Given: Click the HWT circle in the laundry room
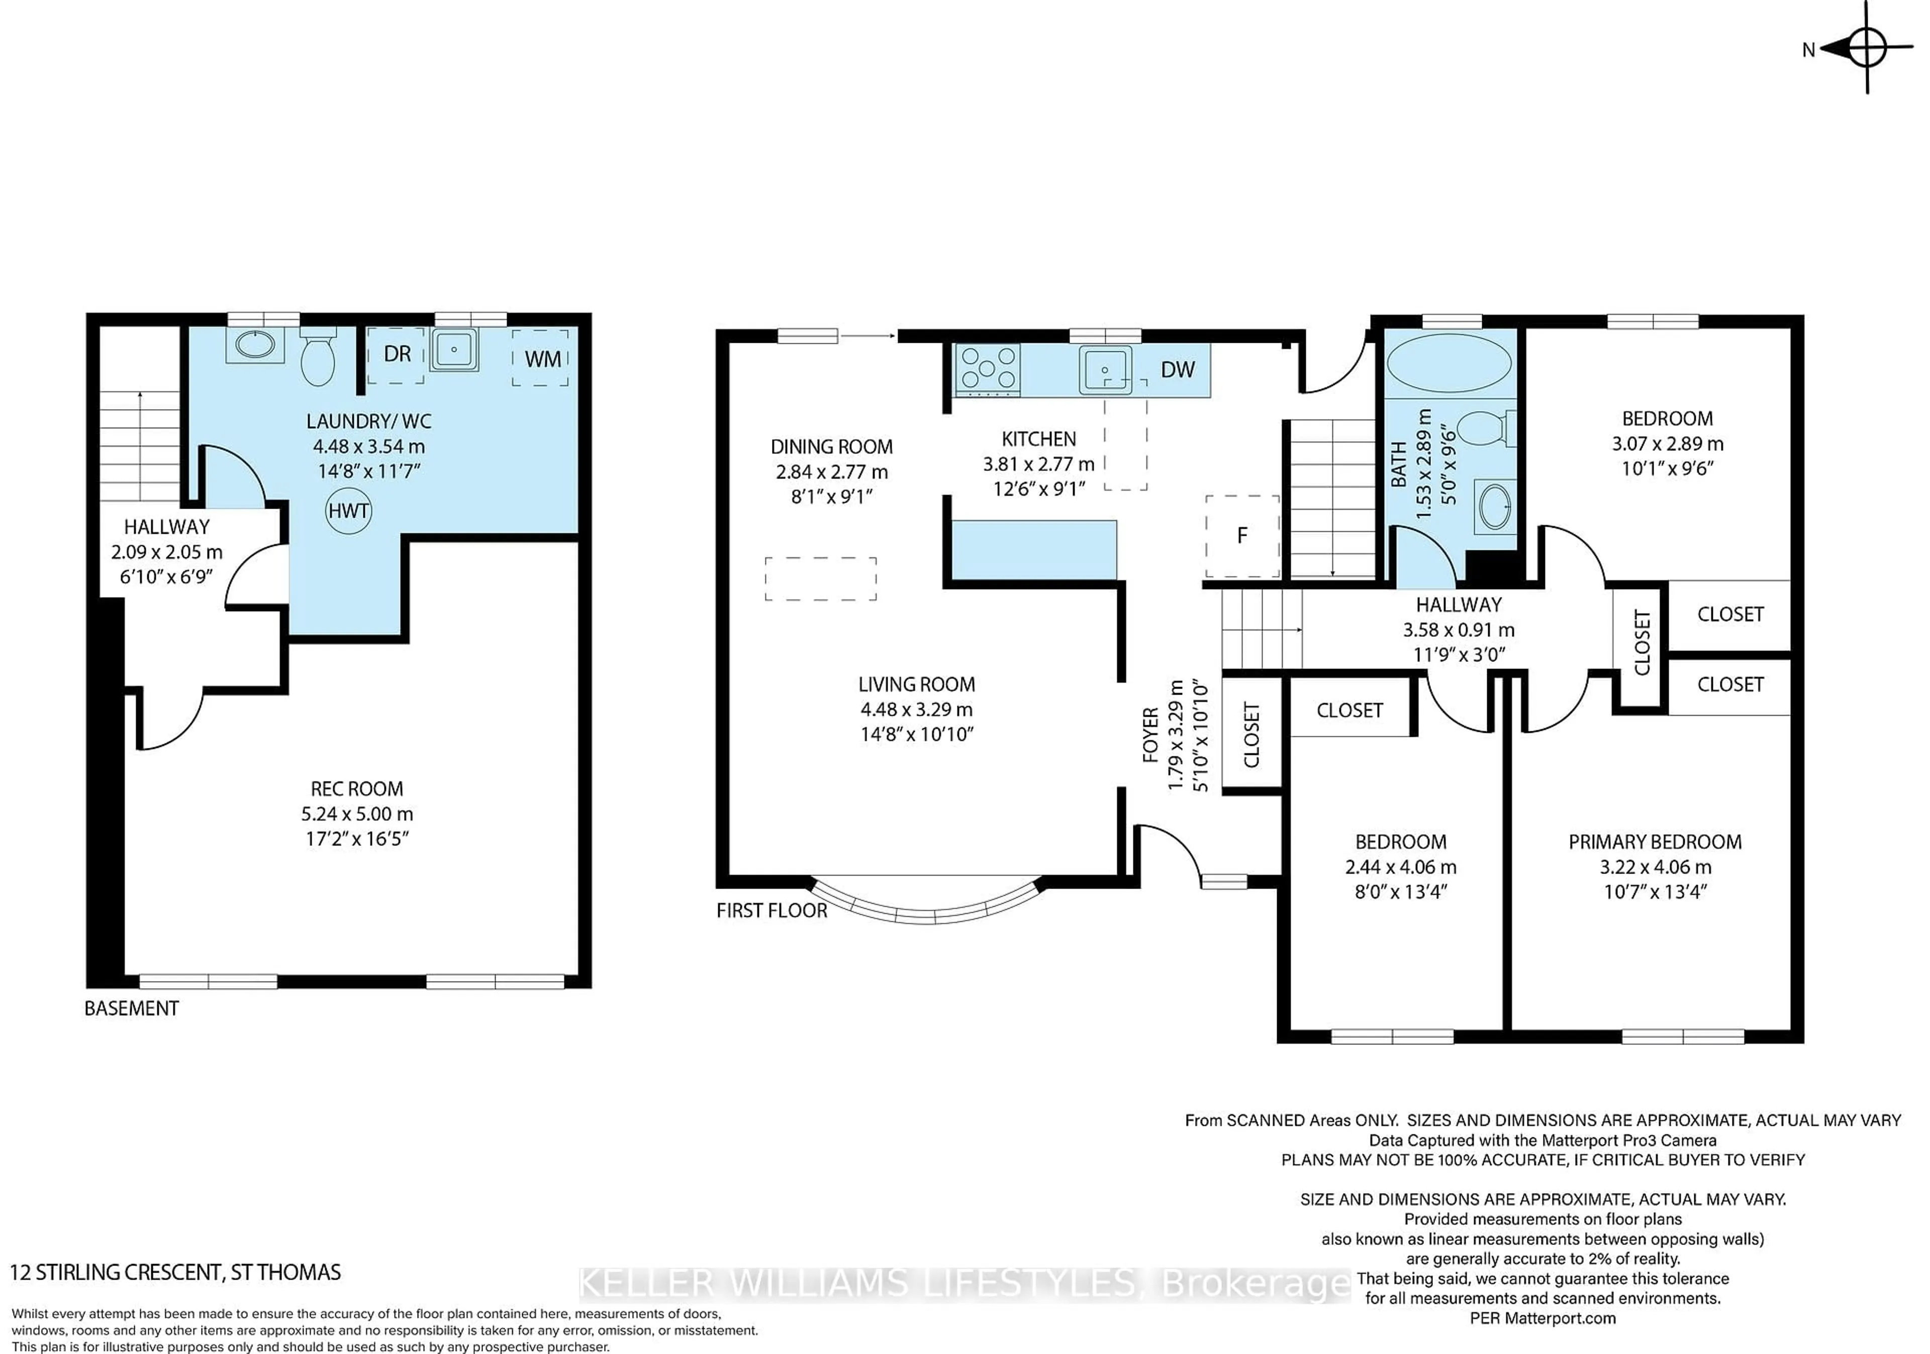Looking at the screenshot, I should (348, 510).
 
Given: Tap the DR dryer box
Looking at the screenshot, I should (396, 355).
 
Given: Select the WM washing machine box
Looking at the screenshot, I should (541, 358).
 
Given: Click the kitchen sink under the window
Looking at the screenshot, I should (1105, 370).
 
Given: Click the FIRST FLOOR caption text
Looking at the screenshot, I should (771, 910).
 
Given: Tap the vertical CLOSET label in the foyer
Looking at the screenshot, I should (1251, 735).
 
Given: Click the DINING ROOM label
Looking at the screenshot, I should (831, 446).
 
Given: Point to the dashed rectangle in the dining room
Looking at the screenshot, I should (820, 578).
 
